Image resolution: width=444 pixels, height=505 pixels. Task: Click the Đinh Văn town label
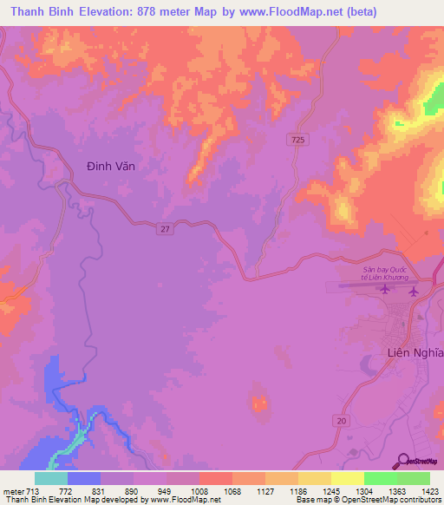[x=113, y=165]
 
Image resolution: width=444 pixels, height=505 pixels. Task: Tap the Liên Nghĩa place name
[x=414, y=352]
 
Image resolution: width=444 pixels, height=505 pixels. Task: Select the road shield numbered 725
[x=297, y=140]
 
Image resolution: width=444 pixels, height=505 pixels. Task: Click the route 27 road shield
[x=165, y=228]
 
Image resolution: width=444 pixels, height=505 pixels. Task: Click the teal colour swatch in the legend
[x=51, y=478]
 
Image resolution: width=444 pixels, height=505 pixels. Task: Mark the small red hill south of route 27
[x=258, y=402]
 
